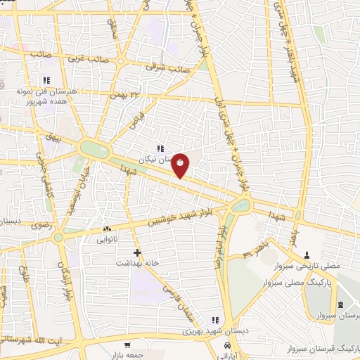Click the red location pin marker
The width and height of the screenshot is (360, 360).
[181, 165]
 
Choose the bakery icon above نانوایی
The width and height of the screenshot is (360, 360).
[107, 229]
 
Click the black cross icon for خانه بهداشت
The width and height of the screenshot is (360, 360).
[138, 252]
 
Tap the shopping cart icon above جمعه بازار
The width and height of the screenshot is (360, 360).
[127, 345]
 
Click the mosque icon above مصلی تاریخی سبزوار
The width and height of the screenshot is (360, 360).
[307, 255]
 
